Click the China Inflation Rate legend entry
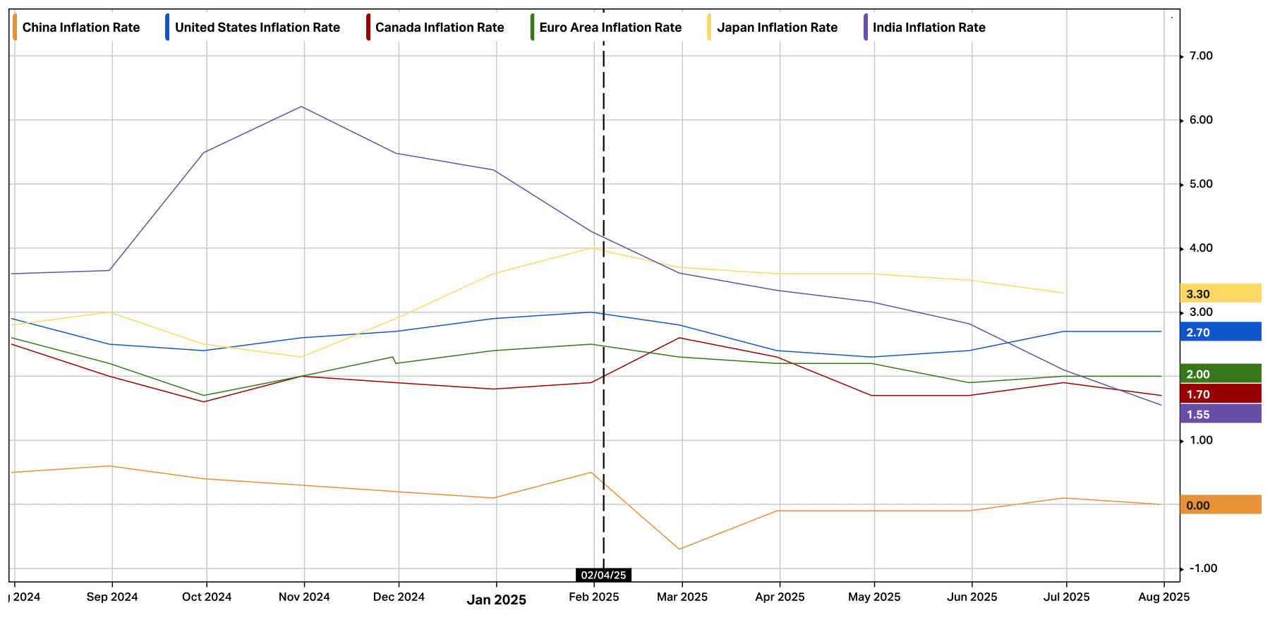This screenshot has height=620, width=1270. (80, 28)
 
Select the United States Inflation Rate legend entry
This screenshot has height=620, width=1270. (257, 28)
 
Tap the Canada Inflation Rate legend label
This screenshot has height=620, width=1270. (439, 28)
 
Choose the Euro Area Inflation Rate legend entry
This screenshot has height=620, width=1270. (610, 28)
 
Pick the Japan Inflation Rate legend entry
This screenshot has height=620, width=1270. (777, 28)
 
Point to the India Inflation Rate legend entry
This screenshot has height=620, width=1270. (929, 28)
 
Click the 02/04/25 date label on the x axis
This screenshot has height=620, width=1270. (603, 575)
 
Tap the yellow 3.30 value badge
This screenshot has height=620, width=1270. (1220, 293)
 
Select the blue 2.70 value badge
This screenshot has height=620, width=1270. (1220, 332)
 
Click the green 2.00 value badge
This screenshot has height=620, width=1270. (1220, 374)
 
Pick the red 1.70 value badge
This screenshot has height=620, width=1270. (1220, 394)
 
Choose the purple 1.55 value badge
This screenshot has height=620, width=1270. (1220, 414)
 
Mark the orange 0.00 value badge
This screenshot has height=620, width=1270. (1220, 505)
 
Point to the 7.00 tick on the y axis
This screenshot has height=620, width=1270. (1201, 56)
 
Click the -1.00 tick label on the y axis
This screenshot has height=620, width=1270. (1202, 569)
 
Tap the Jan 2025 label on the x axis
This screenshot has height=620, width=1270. (497, 600)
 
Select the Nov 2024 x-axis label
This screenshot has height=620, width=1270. (304, 597)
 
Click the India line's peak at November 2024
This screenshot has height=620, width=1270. (302, 107)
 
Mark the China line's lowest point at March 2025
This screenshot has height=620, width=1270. (679, 549)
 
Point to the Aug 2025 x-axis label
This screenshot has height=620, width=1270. (1164, 597)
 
